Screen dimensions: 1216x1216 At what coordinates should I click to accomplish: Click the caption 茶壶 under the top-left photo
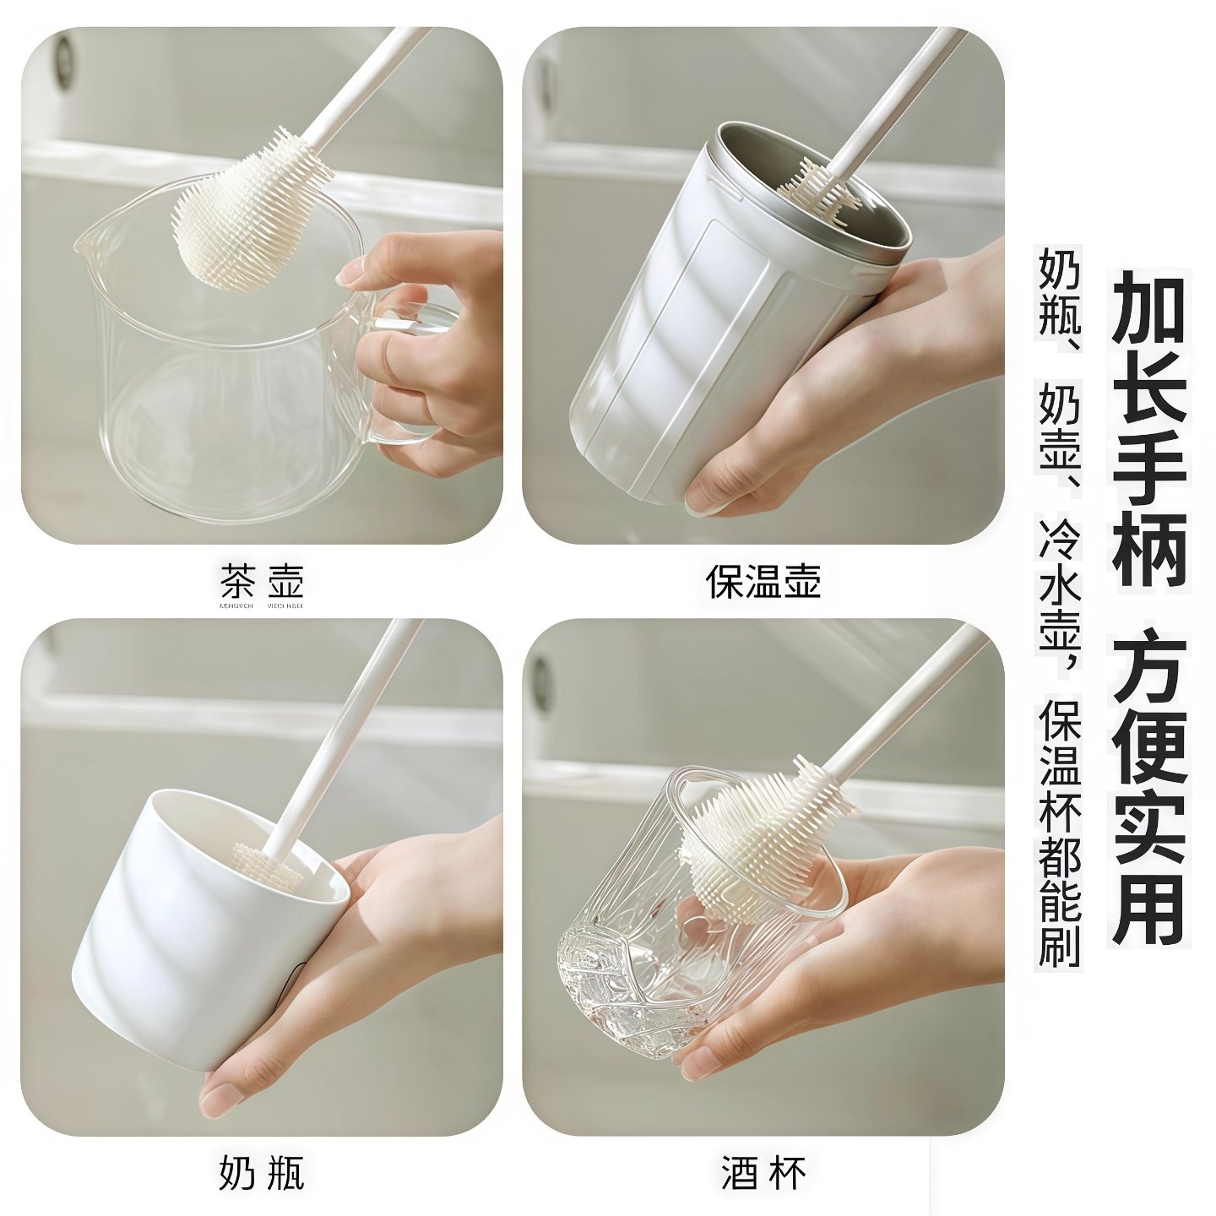pyautogui.click(x=261, y=581)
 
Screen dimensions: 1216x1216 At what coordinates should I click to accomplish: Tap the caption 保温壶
pyautogui.click(x=763, y=581)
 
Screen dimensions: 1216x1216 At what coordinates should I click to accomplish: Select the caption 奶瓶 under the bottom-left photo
pyautogui.click(x=261, y=1173)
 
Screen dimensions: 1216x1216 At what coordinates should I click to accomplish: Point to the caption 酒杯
pyautogui.click(x=763, y=1173)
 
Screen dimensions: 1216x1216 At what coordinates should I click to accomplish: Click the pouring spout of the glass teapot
pyautogui.click(x=89, y=241)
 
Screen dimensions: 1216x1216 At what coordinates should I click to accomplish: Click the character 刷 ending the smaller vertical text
pyautogui.click(x=1060, y=944)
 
